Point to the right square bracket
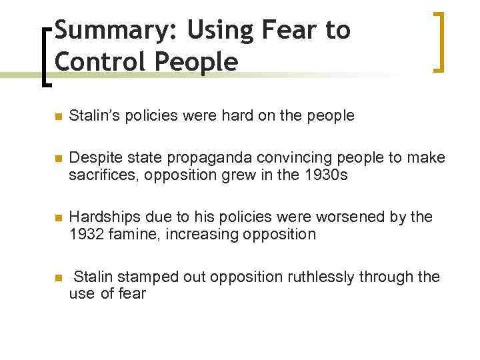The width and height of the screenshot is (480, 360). pyautogui.click(x=437, y=41)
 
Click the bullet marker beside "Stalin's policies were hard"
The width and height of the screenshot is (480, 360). pyautogui.click(x=57, y=117)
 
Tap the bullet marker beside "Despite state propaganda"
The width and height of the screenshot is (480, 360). pyautogui.click(x=57, y=159)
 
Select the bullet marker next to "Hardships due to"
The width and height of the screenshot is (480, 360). pyautogui.click(x=57, y=218)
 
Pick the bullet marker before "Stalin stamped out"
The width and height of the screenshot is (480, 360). pyautogui.click(x=57, y=277)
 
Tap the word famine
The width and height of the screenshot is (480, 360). pyautogui.click(x=133, y=235)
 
